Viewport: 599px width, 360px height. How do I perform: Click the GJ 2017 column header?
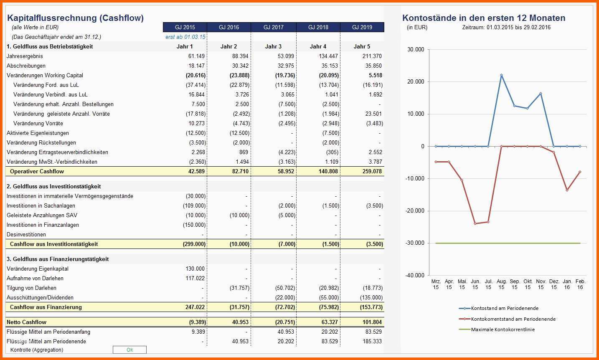point(273,27)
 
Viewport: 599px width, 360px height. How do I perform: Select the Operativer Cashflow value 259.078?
point(372,172)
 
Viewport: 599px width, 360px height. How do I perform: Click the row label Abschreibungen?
point(26,66)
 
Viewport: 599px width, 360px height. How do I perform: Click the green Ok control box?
point(129,350)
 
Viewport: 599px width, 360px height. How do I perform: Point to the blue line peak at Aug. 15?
point(501,75)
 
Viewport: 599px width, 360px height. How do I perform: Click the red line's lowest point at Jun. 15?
point(475,223)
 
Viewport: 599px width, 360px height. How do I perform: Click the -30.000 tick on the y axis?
point(415,243)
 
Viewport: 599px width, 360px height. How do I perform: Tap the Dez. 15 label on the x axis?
point(554,284)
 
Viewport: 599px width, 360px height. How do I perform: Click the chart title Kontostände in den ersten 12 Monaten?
point(484,18)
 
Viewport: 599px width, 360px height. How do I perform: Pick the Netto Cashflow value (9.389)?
point(197,322)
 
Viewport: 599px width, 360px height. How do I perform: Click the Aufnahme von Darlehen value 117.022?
point(195,279)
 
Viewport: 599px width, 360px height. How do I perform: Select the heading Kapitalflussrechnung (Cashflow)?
point(76,18)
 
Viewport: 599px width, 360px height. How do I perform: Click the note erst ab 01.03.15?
point(185,37)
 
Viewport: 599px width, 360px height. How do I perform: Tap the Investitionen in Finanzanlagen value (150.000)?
point(194,225)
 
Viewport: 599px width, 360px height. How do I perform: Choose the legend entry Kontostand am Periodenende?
point(499,308)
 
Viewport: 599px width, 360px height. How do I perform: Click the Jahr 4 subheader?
point(318,46)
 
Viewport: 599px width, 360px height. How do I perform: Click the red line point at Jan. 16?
point(567,190)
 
